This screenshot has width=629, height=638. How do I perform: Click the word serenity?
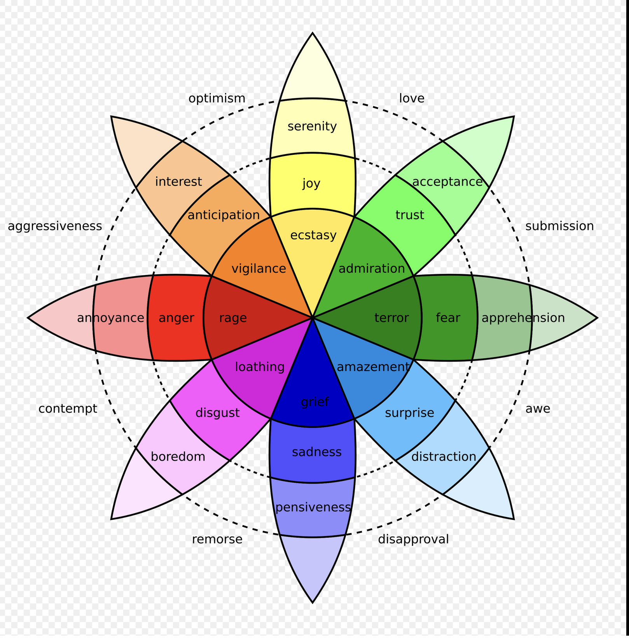(x=312, y=126)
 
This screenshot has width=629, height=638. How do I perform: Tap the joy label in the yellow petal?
(x=311, y=183)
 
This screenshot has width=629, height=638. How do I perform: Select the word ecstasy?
(x=313, y=235)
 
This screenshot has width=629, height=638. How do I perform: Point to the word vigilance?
(x=259, y=268)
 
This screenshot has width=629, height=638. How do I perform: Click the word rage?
(x=233, y=318)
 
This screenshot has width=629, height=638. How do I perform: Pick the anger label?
(x=176, y=318)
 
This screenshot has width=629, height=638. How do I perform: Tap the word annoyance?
(x=110, y=318)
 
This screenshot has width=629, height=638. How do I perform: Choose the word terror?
(x=391, y=318)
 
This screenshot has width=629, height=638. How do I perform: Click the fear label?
(x=448, y=318)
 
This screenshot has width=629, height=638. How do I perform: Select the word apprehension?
(x=523, y=318)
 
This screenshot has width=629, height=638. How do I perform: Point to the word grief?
(x=315, y=401)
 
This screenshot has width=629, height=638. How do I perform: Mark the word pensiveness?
(x=313, y=507)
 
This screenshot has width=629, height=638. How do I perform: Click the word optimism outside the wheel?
(x=217, y=98)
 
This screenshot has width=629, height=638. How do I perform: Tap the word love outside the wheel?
(x=412, y=98)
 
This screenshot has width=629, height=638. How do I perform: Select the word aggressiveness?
(x=55, y=226)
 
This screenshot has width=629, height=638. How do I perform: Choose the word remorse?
(x=217, y=539)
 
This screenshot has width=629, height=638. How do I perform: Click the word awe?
(x=538, y=408)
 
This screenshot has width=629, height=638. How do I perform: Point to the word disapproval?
(x=413, y=539)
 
